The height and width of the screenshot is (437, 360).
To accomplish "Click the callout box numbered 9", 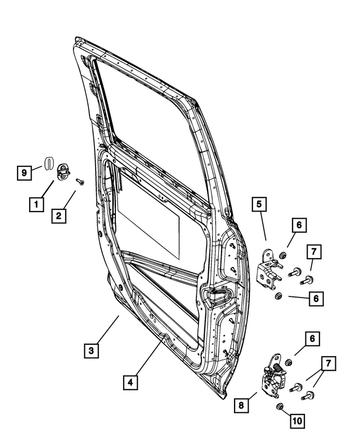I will (x=24, y=173).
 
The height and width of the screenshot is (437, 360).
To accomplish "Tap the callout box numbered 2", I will (x=59, y=215).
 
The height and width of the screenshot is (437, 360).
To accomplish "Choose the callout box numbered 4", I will (x=130, y=383).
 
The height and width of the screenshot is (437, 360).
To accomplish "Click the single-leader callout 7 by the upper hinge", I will (x=314, y=253).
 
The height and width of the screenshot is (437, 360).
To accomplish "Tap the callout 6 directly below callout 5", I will (x=299, y=226).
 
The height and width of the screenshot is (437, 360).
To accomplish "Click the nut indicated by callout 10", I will (x=278, y=406).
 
